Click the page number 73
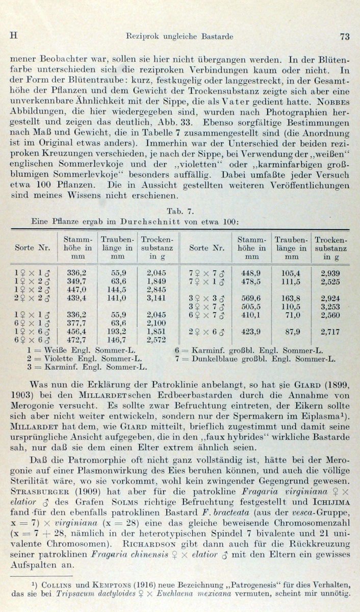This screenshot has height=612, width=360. pyautogui.click(x=344, y=36)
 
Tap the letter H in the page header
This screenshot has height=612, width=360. pyautogui.click(x=14, y=36)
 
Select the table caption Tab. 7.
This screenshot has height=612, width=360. pyautogui.click(x=180, y=210)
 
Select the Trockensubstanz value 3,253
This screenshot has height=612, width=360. pyautogui.click(x=330, y=306)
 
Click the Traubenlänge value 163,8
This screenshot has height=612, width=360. pyautogui.click(x=291, y=297)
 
